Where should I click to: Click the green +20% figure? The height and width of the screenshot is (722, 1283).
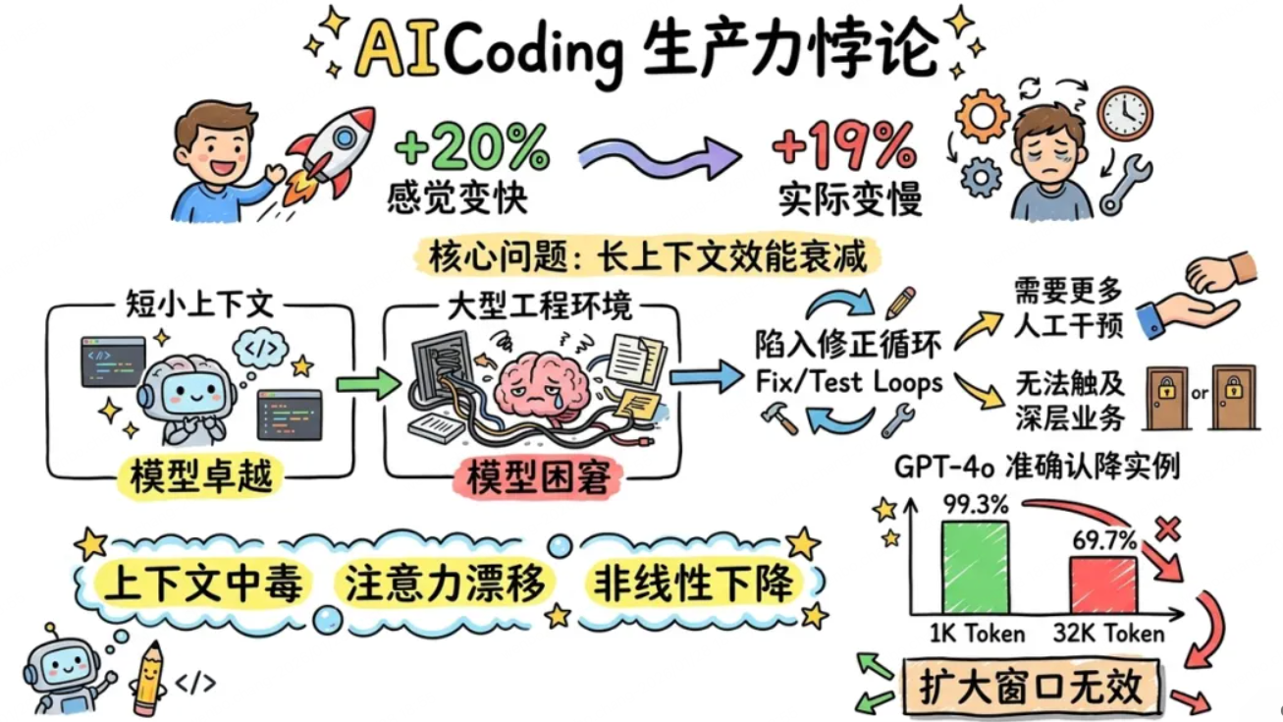472,146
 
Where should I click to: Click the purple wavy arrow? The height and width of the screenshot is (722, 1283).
659,156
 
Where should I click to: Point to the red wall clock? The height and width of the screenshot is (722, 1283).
1125,114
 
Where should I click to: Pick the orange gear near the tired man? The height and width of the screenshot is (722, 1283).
982,116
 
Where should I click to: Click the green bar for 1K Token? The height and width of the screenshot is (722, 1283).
975,568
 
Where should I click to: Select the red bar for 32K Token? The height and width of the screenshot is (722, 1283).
1103,585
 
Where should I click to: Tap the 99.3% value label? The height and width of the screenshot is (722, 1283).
976,505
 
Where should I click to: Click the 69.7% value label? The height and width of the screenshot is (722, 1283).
1104,540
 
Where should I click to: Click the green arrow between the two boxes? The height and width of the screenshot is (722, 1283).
368,383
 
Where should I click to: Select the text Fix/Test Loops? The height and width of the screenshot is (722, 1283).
849,382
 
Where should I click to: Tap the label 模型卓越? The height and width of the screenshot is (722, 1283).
201,476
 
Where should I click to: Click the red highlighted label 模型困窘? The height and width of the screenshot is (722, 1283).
538,477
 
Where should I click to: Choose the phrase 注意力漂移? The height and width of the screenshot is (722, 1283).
445,583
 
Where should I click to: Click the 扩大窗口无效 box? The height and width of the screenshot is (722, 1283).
1031,687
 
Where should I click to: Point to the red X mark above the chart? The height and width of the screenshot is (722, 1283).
1168,528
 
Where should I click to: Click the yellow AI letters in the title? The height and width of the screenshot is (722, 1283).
397,50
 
